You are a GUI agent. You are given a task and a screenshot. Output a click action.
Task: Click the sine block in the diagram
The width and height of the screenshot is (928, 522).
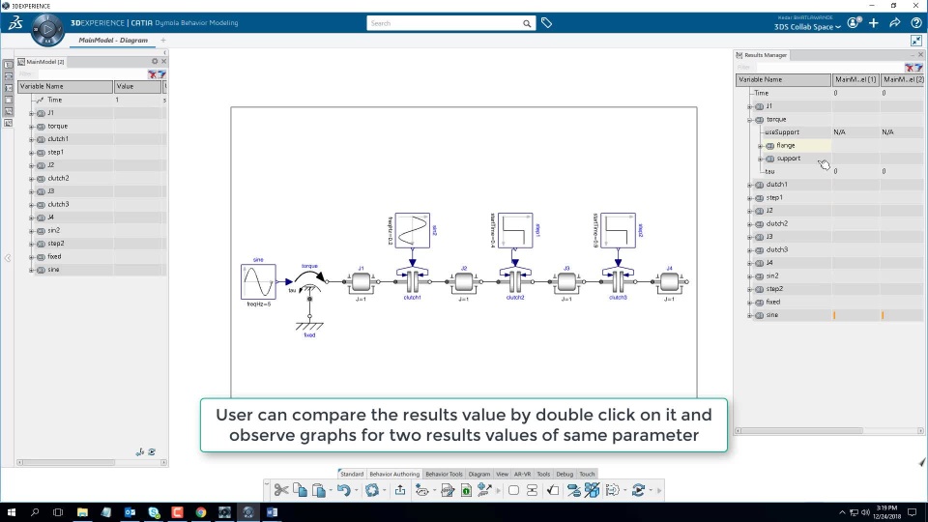[x=258, y=282]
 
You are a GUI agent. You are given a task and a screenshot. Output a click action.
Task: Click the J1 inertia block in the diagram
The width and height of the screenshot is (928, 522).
[x=361, y=282]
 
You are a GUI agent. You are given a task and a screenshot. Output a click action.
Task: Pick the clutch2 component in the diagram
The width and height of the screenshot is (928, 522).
[x=515, y=281]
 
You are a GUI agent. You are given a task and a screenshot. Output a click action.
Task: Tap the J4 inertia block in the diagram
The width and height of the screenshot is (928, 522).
[x=669, y=282]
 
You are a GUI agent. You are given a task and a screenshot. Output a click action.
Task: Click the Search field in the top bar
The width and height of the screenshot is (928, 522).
[x=445, y=23]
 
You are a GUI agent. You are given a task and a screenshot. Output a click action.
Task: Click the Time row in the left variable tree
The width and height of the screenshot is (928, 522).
[x=55, y=100]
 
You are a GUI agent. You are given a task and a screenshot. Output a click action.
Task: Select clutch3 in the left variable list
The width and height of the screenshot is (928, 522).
[x=58, y=204]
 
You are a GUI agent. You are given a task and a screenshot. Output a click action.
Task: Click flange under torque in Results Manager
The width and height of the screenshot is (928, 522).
[x=786, y=145]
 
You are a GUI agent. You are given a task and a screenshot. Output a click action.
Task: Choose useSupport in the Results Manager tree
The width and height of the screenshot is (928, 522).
[x=782, y=131]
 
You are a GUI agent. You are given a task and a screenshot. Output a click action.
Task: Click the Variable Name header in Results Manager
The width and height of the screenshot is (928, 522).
[x=761, y=79]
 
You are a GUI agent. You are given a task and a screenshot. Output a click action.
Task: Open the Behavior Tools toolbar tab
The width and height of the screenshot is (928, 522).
[x=444, y=474]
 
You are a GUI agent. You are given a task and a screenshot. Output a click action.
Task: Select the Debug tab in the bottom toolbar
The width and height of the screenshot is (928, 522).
[x=565, y=474]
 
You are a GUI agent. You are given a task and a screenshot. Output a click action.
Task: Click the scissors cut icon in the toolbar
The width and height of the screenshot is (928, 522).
[x=281, y=490]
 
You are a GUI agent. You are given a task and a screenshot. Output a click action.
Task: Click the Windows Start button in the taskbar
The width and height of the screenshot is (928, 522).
[x=12, y=512]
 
